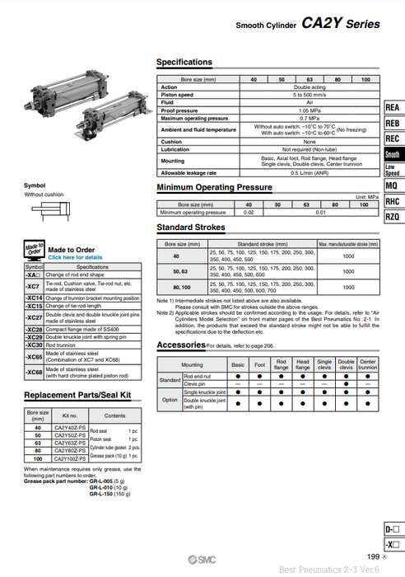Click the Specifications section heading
coord(184,63)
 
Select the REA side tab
coord(393,108)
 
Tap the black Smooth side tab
coord(393,155)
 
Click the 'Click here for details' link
coord(76,257)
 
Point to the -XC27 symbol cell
coord(34,317)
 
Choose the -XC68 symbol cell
coord(34,373)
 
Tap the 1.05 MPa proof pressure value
coord(287,110)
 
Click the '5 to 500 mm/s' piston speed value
coord(287,95)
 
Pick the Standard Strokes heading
coord(192,227)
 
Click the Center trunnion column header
coord(367,364)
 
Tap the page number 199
coord(373,557)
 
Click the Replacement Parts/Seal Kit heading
coord(78,396)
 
